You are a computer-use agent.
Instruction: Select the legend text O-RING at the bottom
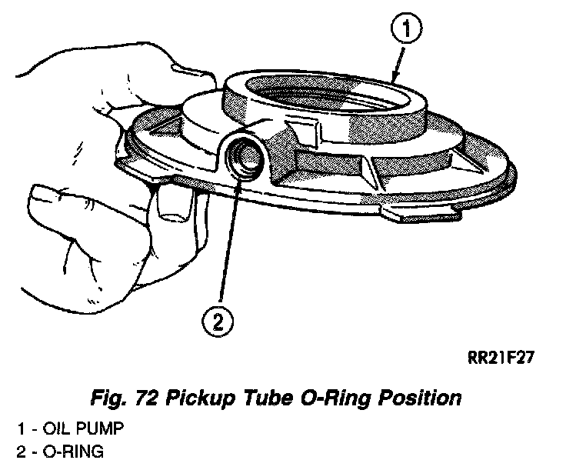coord(76,450)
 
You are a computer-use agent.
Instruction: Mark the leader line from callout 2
coord(226,246)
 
